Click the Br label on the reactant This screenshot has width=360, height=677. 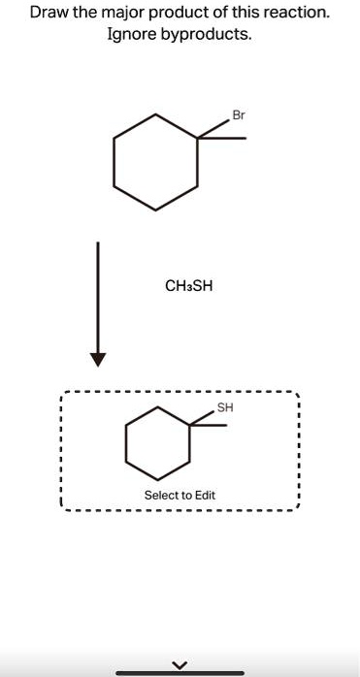pos(238,115)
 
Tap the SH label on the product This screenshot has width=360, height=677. pos(225,407)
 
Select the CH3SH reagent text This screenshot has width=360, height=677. pos(188,286)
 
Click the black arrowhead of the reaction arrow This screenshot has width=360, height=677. pos(97,359)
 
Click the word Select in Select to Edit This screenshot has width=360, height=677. pos(161,496)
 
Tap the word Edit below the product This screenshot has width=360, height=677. pos(204,496)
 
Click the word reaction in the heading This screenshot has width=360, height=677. pos(296,14)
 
